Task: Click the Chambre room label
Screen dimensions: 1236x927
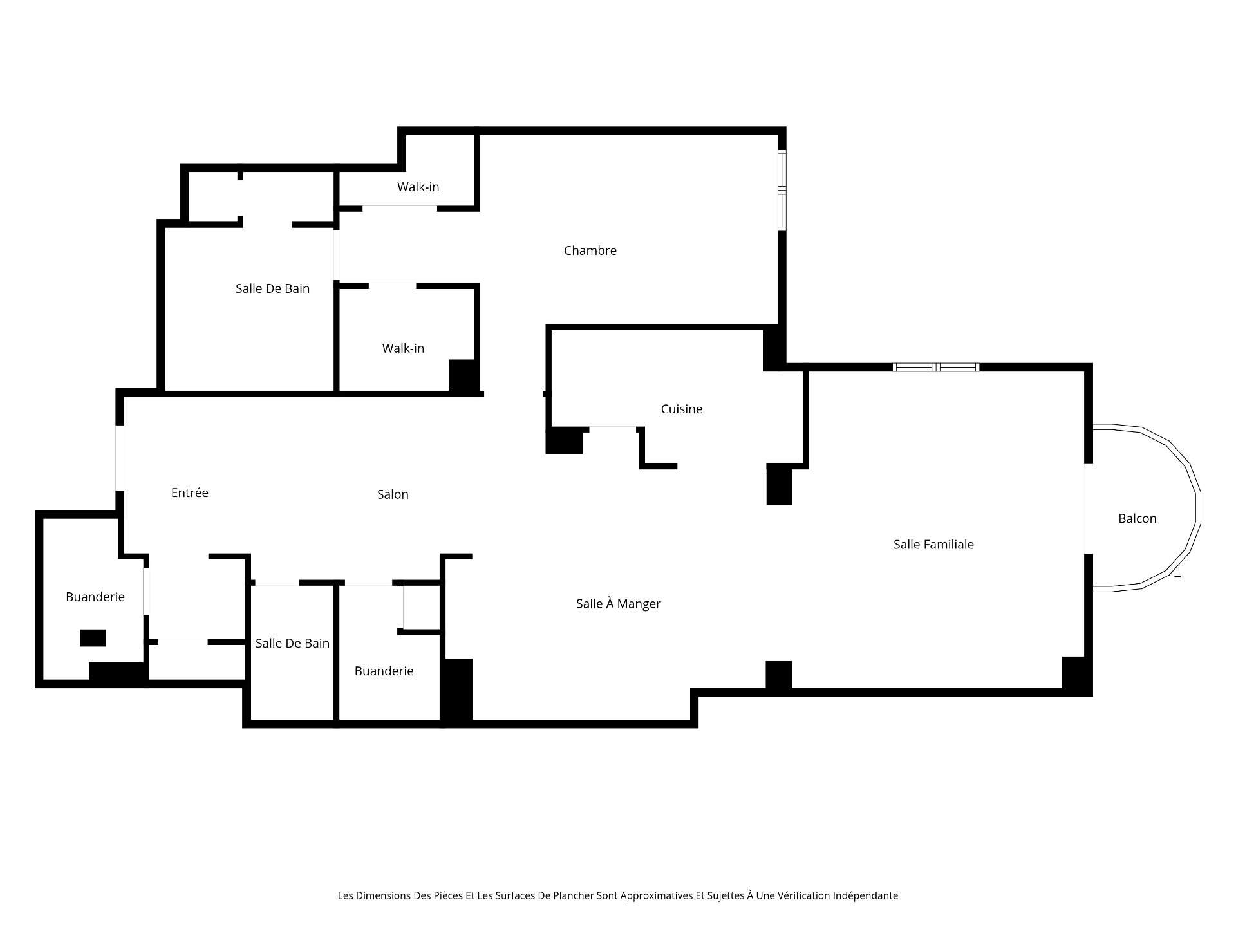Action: tap(590, 250)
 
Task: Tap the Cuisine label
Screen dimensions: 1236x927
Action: tap(681, 409)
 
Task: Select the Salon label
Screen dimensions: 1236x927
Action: tap(393, 494)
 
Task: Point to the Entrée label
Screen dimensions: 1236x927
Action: tap(190, 492)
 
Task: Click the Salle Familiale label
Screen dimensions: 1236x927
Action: tap(933, 544)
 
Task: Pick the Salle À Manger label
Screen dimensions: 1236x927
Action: tap(618, 603)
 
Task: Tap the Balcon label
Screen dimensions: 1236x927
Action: tap(1138, 518)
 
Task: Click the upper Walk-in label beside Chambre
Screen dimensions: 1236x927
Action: tap(418, 187)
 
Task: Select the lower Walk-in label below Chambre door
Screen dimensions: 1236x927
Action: tap(403, 348)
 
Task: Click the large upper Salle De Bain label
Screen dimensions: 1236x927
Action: tap(272, 288)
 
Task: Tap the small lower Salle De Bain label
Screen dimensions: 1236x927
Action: tap(292, 643)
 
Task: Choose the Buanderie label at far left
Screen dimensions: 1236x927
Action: tap(95, 597)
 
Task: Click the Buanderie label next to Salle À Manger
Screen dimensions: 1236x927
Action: tap(384, 671)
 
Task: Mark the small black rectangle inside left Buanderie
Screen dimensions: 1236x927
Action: tap(93, 637)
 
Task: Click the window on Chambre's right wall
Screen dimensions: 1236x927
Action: tap(782, 190)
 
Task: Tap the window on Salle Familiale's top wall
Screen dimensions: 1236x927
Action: tap(936, 367)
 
